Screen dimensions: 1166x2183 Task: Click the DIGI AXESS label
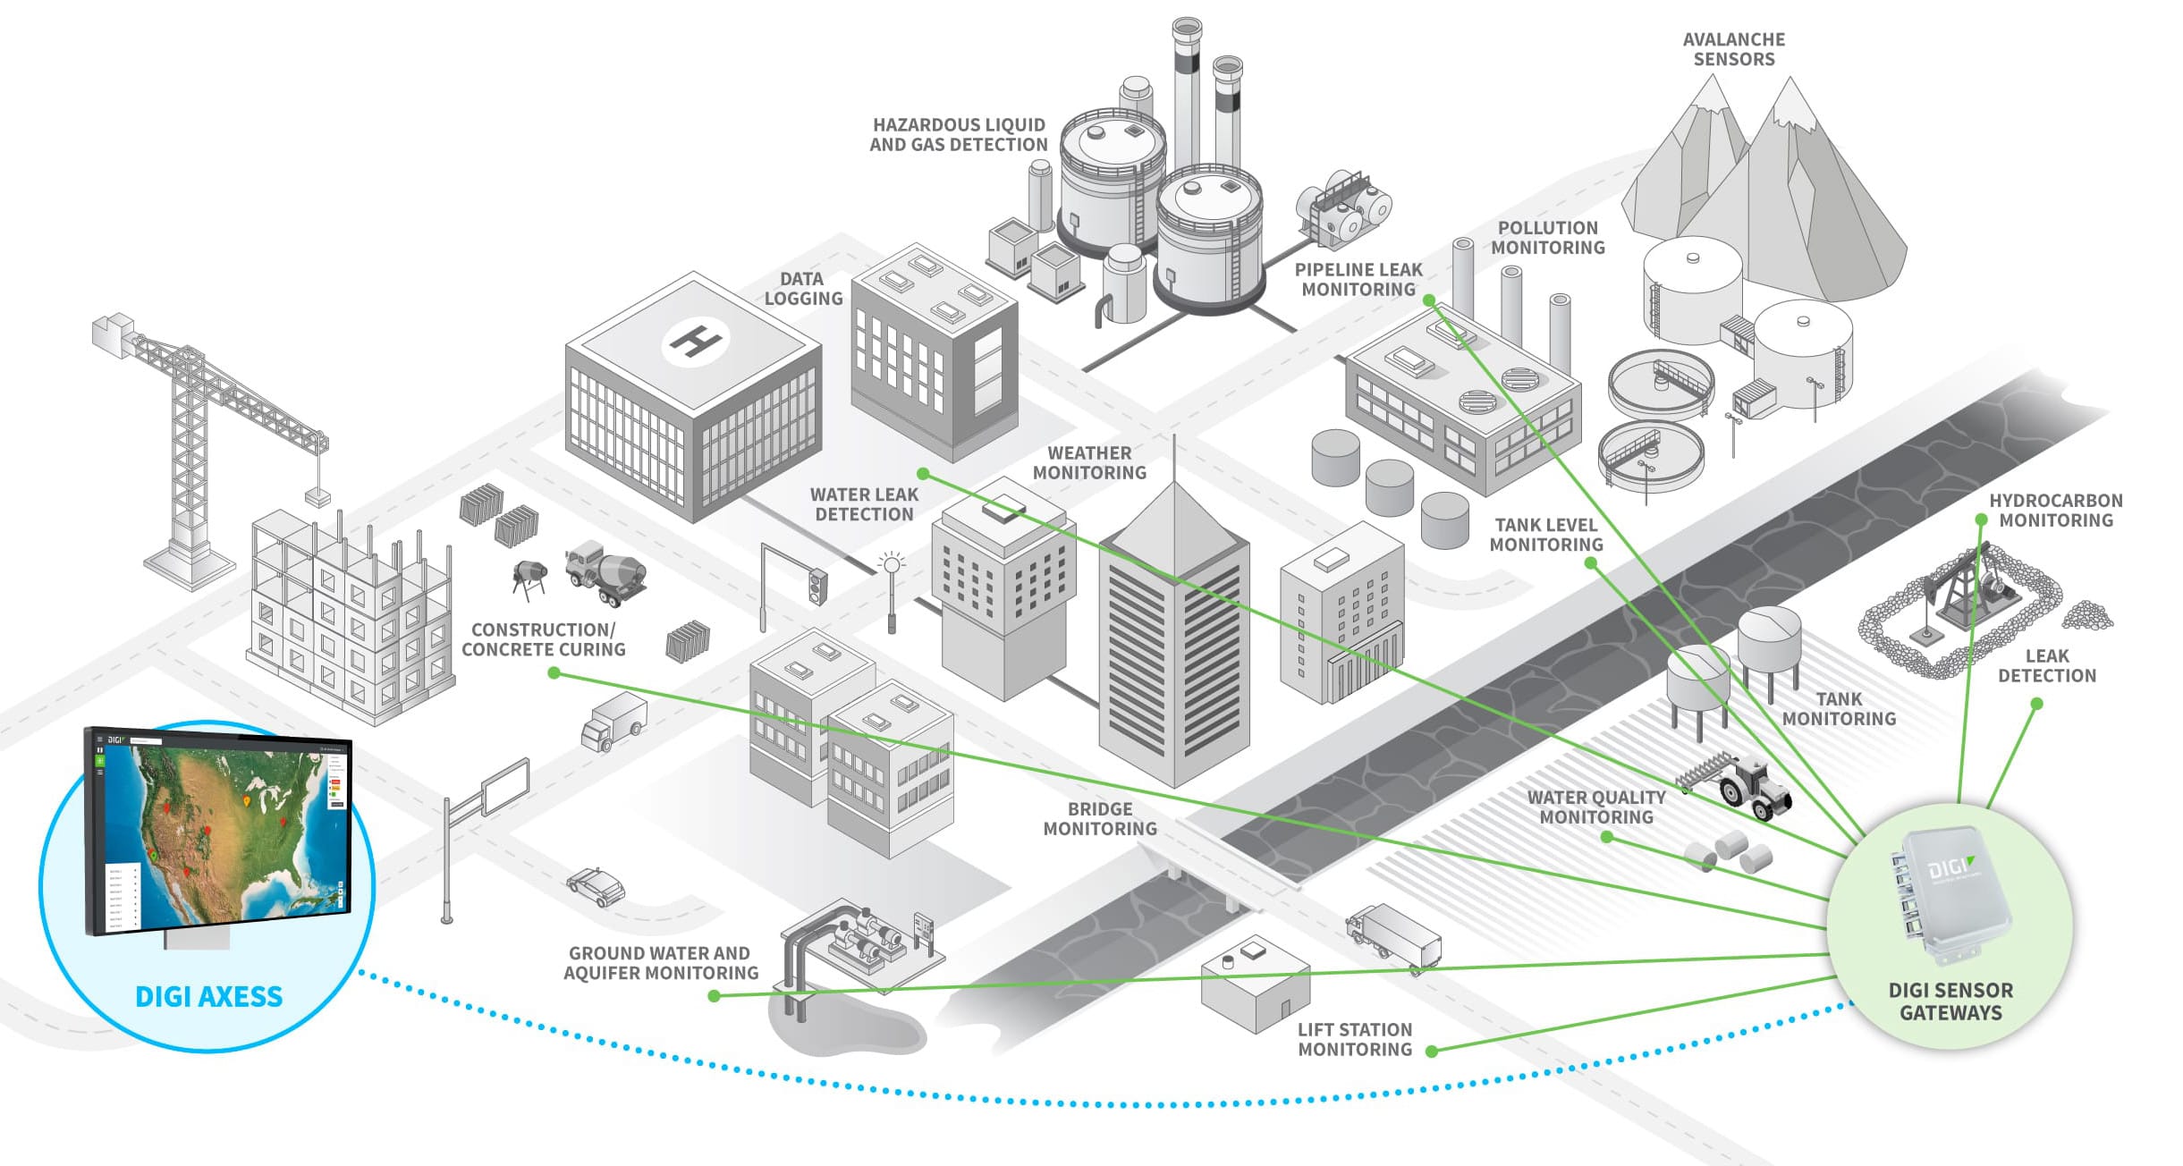pyautogui.click(x=208, y=996)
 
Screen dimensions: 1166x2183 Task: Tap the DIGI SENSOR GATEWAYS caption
pyautogui.click(x=1950, y=1001)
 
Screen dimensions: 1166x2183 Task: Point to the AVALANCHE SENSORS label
pyautogui.click(x=1733, y=49)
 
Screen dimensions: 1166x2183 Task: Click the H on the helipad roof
pyautogui.click(x=695, y=341)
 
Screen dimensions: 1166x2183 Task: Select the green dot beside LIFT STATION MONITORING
pyautogui.click(x=1432, y=1052)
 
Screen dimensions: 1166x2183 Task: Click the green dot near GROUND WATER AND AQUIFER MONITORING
pyautogui.click(x=714, y=995)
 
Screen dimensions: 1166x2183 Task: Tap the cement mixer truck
pyautogui.click(x=605, y=572)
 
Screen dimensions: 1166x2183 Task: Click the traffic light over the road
pyautogui.click(x=817, y=586)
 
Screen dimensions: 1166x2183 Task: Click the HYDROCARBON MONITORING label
pyautogui.click(x=2055, y=511)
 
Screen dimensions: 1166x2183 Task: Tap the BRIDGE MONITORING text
pyautogui.click(x=1100, y=819)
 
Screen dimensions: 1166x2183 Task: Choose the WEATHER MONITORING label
pyautogui.click(x=1089, y=463)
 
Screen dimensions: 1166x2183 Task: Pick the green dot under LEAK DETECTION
pyautogui.click(x=2036, y=705)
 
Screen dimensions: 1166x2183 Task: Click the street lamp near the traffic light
pyautogui.click(x=892, y=590)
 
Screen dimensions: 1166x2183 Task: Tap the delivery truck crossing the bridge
pyautogui.click(x=1393, y=937)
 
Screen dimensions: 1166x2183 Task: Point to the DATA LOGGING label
pyautogui.click(x=803, y=289)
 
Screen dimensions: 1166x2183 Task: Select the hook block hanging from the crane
pyautogui.click(x=317, y=497)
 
